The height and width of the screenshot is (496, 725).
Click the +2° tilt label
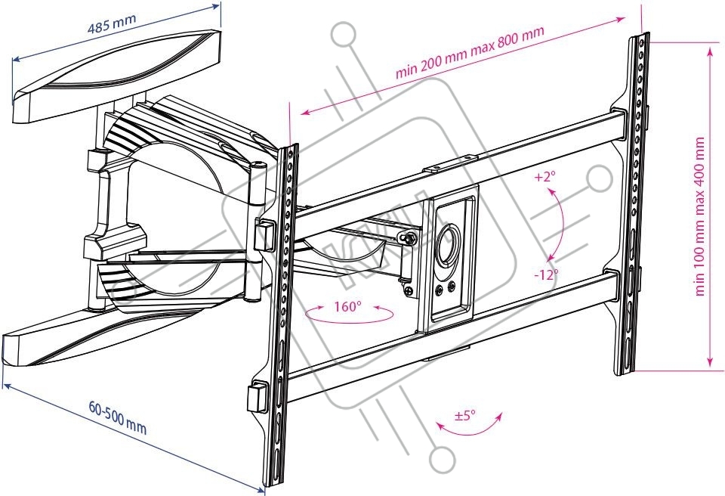[544, 178]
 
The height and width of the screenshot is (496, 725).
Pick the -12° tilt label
[545, 274]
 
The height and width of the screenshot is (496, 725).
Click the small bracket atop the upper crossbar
[452, 160]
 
